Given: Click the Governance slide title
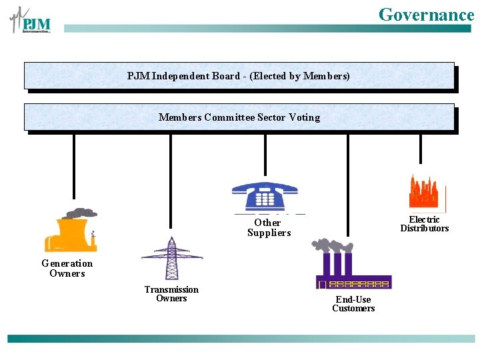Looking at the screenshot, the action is click(x=426, y=14).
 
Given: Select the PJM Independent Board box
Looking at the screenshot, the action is click(x=239, y=76).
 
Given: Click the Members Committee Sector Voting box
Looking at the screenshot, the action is click(x=239, y=117).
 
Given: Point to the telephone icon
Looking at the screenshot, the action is click(x=265, y=196).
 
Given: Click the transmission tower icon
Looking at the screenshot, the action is click(x=172, y=258).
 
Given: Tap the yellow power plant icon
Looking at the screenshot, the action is click(x=71, y=231).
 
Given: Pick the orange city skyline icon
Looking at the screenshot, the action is click(x=425, y=193).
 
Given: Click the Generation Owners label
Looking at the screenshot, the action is click(x=67, y=268).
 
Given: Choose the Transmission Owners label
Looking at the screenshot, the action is click(x=171, y=293).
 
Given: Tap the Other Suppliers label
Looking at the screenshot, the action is click(x=269, y=227).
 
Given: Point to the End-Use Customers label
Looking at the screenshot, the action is click(x=353, y=303).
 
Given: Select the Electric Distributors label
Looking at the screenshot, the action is click(x=425, y=223).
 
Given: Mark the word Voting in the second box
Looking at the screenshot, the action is click(x=304, y=117).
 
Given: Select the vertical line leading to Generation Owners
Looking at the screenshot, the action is click(x=74, y=166).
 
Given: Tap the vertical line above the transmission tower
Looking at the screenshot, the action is click(x=171, y=181).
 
